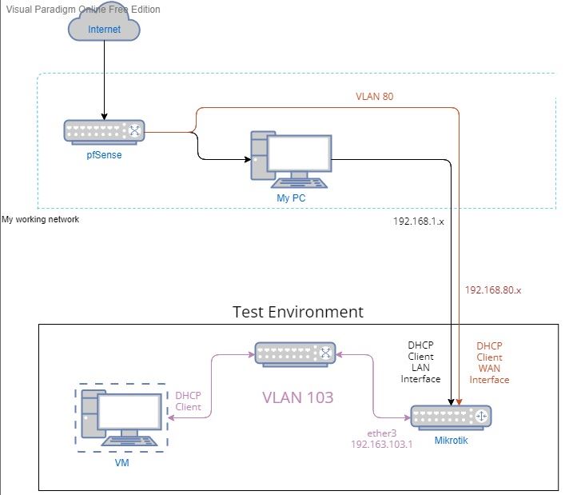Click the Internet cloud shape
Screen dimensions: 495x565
point(104,30)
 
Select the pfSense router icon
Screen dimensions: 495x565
point(104,131)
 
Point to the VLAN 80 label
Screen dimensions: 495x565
point(375,96)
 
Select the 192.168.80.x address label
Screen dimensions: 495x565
point(493,290)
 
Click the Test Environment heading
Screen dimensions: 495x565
point(297,312)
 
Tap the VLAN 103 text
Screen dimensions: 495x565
point(298,397)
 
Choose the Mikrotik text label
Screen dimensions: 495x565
point(452,440)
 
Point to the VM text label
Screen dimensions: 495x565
point(122,462)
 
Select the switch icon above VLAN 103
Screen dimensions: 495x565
point(295,353)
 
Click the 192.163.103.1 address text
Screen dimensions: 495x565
point(381,445)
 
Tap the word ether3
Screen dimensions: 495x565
point(382,433)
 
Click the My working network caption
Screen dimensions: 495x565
point(41,219)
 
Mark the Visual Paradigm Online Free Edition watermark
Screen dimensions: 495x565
point(82,10)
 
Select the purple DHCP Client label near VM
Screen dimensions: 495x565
point(189,401)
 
